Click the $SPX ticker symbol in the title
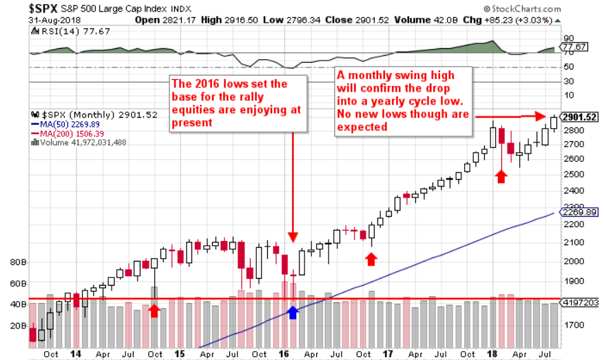43,8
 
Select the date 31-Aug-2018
54,21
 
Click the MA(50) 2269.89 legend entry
65,125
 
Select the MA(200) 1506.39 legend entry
67,134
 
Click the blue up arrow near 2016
293,313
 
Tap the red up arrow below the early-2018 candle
501,177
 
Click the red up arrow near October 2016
371,259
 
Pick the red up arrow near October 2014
154,310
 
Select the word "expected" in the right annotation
362,127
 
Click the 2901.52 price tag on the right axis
579,117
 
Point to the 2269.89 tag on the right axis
579,212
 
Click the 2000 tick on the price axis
574,261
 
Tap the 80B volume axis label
18,262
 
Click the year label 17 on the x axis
388,353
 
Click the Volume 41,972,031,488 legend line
79,142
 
